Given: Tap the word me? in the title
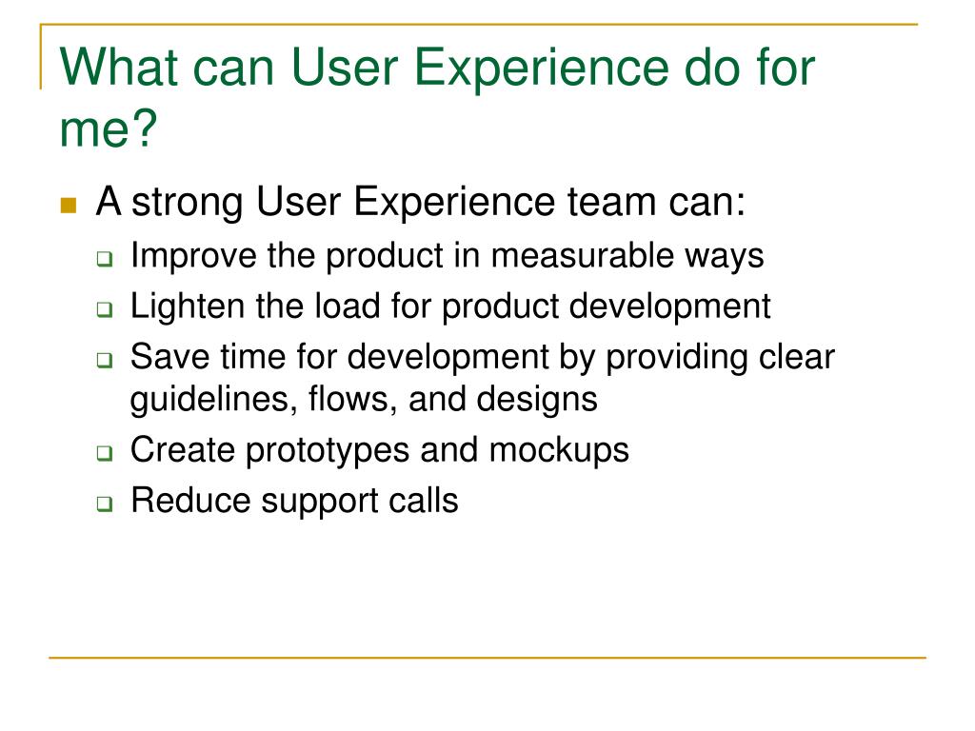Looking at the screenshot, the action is tap(109, 128).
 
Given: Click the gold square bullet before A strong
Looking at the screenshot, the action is tap(69, 206).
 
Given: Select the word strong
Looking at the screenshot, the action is tap(188, 203).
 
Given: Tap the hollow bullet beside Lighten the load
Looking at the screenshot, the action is tap(105, 309).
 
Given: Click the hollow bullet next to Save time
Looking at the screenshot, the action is tap(105, 360).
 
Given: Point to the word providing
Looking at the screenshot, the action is tap(677, 358).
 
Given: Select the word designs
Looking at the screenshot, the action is tap(537, 400).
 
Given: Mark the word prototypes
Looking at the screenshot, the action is tap(328, 450).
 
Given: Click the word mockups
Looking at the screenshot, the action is tap(559, 450).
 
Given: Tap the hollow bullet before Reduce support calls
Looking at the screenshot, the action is tap(105, 504).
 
